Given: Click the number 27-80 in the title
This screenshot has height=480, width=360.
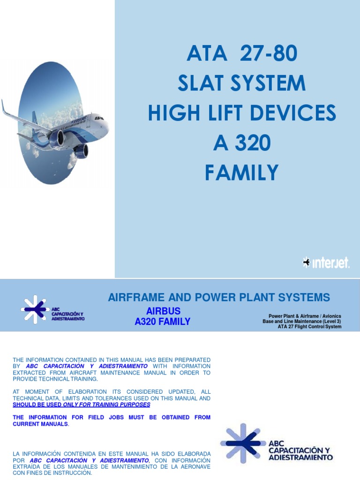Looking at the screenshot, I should coord(268,54).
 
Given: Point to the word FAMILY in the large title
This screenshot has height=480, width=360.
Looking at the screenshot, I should coord(241,173).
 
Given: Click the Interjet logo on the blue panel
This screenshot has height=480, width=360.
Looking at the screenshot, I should coord(326,263).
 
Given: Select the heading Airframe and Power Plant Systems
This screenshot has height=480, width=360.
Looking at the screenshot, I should coord(219,297).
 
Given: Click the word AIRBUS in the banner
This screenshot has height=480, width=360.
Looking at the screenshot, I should coord(163,311).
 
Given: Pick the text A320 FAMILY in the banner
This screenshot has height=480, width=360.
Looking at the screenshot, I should coord(162,322).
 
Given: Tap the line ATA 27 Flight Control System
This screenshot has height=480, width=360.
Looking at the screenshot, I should coord(309,327).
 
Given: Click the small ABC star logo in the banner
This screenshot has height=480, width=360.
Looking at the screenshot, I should coord(35,309).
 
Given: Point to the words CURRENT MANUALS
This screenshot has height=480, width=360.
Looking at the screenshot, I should coord(40,424).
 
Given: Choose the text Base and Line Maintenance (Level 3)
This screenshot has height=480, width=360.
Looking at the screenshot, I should coord(302,322).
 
